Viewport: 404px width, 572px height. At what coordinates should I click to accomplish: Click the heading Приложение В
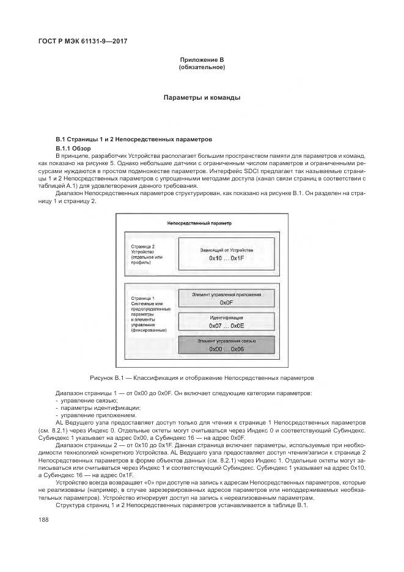[x=202, y=59]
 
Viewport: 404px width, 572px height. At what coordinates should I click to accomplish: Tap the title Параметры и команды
[x=202, y=97]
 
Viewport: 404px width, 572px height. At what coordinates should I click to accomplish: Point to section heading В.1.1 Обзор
[x=73, y=148]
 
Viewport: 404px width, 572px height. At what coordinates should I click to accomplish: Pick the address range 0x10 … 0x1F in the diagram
[x=227, y=259]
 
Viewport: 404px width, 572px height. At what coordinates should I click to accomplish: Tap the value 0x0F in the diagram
[x=227, y=302]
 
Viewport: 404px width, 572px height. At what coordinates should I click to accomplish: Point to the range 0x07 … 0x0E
[x=227, y=325]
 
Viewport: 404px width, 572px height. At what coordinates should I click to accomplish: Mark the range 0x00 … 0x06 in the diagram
[x=227, y=349]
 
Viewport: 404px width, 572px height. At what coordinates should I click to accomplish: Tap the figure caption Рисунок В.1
[x=202, y=377]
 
